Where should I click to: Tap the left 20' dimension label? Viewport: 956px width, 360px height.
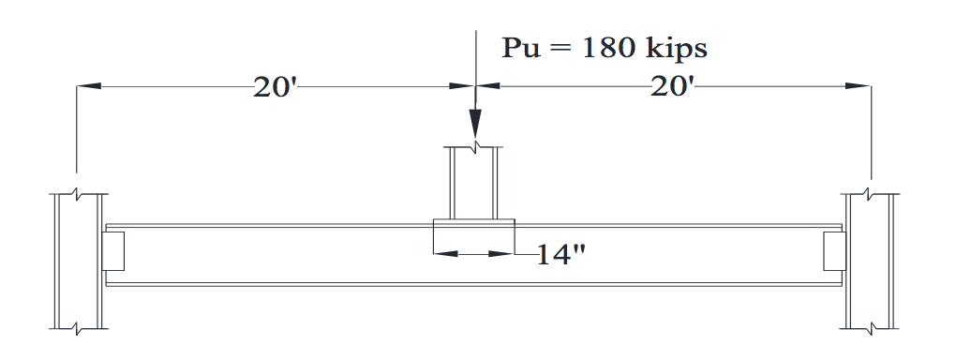pos(275,87)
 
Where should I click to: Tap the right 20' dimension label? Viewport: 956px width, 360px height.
pos(672,87)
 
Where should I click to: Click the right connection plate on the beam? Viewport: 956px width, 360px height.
pos(834,253)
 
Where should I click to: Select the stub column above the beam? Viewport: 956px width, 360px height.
pos(475,183)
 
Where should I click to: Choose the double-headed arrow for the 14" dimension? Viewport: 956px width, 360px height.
pos(474,253)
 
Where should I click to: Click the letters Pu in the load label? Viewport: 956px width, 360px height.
pos(519,50)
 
